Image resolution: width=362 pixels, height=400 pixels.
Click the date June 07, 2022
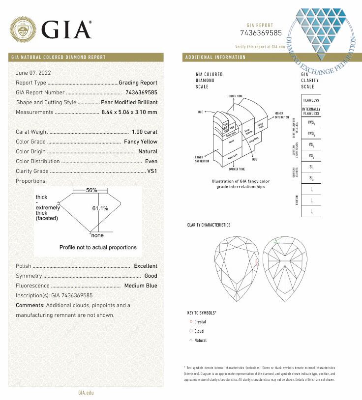tap(33, 73)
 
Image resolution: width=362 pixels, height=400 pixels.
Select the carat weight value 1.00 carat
tap(145, 132)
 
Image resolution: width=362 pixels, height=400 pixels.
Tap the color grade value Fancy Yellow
tap(141, 142)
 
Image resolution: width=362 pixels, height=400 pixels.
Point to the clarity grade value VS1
tap(152, 171)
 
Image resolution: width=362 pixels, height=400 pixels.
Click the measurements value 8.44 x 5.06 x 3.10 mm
tap(129, 112)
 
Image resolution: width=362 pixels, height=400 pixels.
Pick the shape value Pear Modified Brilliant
tap(129, 102)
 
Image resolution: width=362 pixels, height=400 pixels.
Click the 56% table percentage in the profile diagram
tap(91, 190)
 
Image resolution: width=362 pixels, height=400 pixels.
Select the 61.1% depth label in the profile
tap(100, 208)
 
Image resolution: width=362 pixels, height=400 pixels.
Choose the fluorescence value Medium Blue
tap(141, 286)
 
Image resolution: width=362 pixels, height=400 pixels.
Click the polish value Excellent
tap(146, 266)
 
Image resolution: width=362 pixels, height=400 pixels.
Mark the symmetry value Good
tap(151, 276)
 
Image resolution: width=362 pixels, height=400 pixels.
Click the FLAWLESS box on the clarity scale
tap(311, 100)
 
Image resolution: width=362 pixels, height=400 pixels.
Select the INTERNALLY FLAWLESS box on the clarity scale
tap(311, 111)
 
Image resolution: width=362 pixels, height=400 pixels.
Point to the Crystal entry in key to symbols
tap(200, 322)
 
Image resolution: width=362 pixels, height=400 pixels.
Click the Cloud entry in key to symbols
tap(199, 331)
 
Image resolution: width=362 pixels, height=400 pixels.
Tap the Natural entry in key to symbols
tap(200, 341)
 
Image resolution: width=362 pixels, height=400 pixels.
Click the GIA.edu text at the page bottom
tap(86, 392)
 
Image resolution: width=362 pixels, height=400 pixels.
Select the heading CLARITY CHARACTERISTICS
tap(209, 225)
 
